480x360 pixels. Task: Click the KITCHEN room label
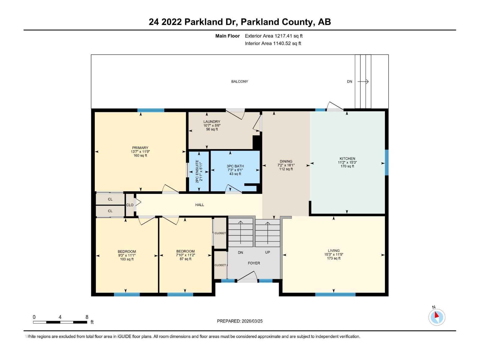[x=347, y=159]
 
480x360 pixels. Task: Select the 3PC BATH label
[x=235, y=166]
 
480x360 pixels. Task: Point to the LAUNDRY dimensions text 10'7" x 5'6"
[x=212, y=125]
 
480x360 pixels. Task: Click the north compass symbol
[x=436, y=317]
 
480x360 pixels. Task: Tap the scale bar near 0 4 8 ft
[x=60, y=322]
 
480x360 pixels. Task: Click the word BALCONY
[x=239, y=82]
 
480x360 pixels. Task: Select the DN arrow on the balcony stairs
[x=363, y=82]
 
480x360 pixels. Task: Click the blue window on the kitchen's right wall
[x=387, y=162]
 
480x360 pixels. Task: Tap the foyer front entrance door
[x=247, y=280]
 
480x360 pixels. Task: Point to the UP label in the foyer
[x=267, y=252]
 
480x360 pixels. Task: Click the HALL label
[x=199, y=205]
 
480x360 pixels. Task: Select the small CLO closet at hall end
[x=130, y=205]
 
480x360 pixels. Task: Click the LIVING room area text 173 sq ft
[x=334, y=258]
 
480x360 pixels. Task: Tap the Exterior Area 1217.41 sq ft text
[x=273, y=36]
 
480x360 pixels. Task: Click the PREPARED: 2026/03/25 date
[x=240, y=321]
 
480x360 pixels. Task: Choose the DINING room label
[x=286, y=161]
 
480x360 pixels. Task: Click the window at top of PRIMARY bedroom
[x=151, y=110]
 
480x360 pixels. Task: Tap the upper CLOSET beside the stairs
[x=220, y=233]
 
